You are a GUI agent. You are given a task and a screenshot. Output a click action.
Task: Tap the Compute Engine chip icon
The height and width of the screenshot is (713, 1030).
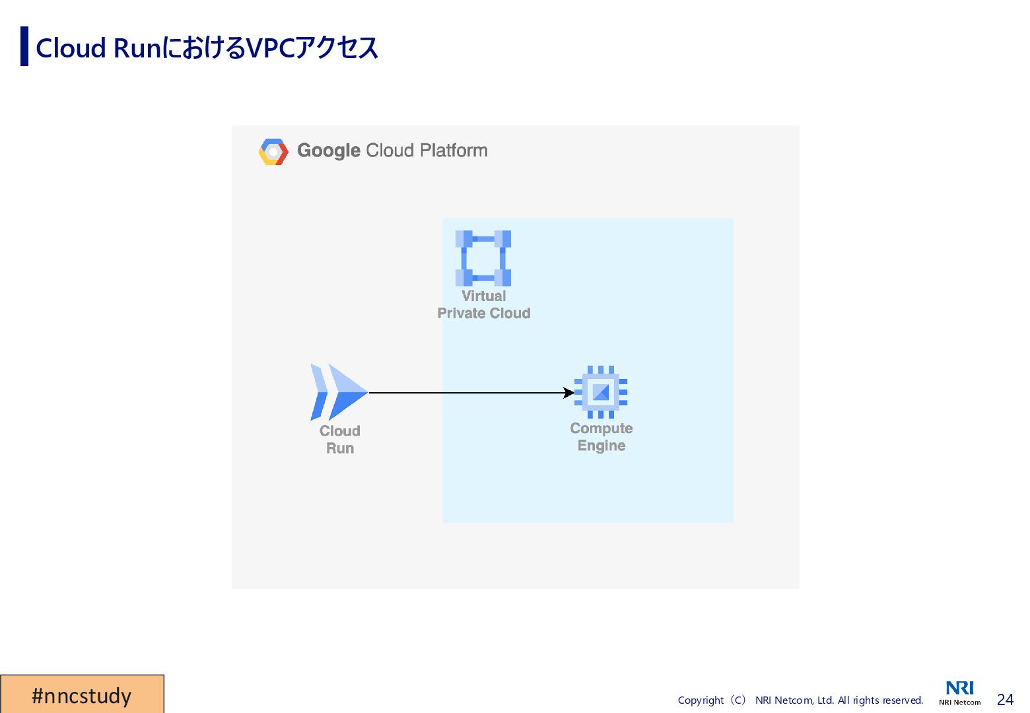point(601,392)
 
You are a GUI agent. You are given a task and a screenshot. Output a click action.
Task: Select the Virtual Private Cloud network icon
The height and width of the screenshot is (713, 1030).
point(483,258)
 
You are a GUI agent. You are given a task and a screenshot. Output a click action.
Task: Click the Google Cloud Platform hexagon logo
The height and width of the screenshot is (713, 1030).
point(273,151)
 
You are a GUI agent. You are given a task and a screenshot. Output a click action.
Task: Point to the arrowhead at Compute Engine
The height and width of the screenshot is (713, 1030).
point(569,393)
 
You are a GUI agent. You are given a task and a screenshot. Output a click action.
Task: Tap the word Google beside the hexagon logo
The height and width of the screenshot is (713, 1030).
point(328,151)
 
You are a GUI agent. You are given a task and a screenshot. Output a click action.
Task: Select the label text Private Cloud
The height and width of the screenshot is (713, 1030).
point(484,313)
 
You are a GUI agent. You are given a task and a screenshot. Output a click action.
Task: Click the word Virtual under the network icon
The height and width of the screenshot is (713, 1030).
point(484,296)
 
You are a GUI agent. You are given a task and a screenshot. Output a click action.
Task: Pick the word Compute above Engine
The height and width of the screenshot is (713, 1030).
point(601,428)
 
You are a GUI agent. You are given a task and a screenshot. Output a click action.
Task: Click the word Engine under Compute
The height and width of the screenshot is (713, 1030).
point(601,446)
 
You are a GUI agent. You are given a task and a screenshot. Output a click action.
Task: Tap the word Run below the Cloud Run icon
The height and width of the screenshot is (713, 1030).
point(340,448)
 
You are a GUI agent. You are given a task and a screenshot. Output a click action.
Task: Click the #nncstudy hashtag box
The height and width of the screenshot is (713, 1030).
point(82,695)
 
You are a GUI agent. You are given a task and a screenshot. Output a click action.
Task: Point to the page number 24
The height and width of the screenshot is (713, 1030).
point(1005,700)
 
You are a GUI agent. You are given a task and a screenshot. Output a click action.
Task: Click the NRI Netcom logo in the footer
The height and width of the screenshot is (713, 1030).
point(960,693)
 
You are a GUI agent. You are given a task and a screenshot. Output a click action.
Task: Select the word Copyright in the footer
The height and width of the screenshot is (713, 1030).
point(701,700)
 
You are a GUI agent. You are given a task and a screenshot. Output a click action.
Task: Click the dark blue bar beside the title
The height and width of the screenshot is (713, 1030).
point(24,46)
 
